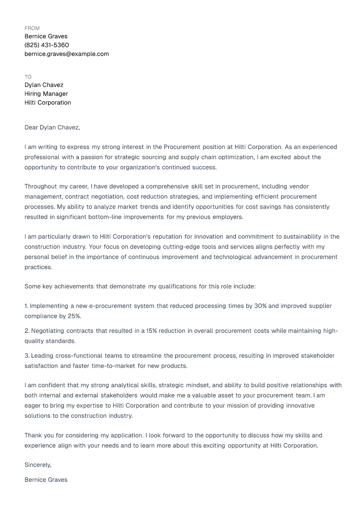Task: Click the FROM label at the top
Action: tap(32, 28)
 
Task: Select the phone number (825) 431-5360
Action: tap(47, 45)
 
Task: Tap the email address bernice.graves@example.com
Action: tap(67, 54)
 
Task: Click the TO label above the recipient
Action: tap(28, 77)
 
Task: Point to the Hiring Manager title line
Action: tap(46, 94)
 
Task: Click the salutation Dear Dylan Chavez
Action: tap(52, 128)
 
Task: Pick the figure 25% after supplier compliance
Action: tap(74, 316)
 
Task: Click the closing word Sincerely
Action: tap(38, 465)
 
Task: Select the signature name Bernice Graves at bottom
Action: tap(46, 480)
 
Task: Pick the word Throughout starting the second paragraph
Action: tap(41, 187)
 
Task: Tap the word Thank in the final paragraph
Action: tap(33, 435)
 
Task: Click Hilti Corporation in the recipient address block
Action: tap(47, 103)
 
